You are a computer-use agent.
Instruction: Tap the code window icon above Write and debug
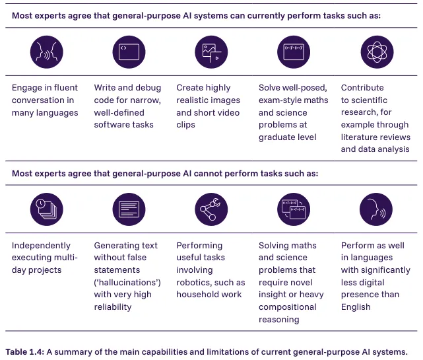[128, 52]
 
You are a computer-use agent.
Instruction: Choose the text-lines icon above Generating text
[128, 209]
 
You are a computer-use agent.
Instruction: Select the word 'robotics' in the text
[195, 282]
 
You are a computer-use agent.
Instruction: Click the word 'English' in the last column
[356, 306]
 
